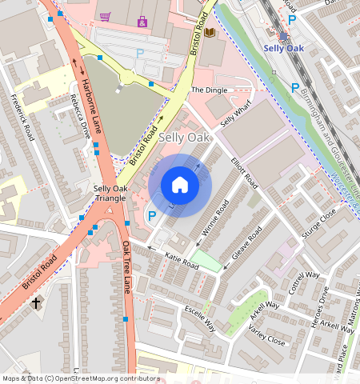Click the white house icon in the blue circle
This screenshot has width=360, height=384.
coord(180,186)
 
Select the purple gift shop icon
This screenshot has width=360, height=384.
coord(142,21)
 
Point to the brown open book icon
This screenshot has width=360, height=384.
coord(210,32)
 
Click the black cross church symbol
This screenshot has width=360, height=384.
coord(36,302)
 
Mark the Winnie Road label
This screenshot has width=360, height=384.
coord(214,219)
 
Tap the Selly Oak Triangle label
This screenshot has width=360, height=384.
coord(110,193)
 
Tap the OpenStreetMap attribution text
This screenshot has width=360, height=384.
coord(81,378)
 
